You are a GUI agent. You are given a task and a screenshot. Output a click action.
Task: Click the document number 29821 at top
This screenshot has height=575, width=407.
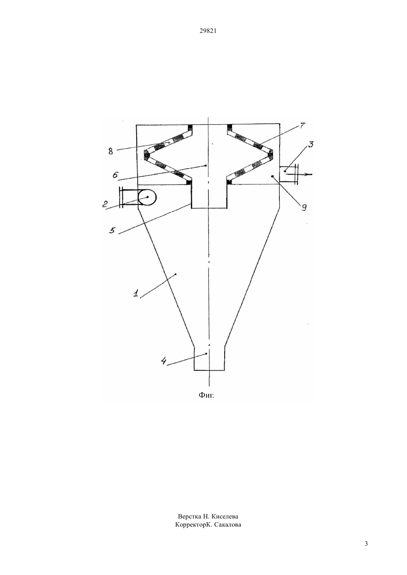pyautogui.click(x=208, y=31)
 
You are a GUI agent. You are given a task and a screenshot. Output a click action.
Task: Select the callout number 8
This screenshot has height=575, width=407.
pyautogui.click(x=111, y=152)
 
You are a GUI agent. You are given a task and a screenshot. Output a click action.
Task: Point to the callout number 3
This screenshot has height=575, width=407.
pyautogui.click(x=311, y=144)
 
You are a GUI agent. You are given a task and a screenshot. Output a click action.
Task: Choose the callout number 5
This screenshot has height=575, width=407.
pyautogui.click(x=112, y=230)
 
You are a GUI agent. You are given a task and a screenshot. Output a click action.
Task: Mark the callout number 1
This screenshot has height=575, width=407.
pyautogui.click(x=136, y=293)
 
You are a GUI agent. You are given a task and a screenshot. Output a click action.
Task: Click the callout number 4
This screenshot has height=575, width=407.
pyautogui.click(x=164, y=361)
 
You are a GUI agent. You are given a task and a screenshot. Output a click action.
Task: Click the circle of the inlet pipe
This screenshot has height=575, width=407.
pyautogui.click(x=147, y=197)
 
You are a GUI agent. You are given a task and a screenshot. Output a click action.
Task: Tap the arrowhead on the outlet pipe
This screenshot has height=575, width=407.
pyautogui.click(x=309, y=174)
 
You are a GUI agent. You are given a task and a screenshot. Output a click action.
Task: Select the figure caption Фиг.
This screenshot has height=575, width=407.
pyautogui.click(x=206, y=395)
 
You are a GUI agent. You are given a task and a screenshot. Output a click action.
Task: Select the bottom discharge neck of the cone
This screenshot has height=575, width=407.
pyautogui.click(x=209, y=358)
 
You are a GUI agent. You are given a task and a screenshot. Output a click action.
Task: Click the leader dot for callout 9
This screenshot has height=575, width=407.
pyautogui.click(x=272, y=176)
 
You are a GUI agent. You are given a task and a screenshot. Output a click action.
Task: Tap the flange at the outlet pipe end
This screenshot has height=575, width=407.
pyautogui.click(x=296, y=174)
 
